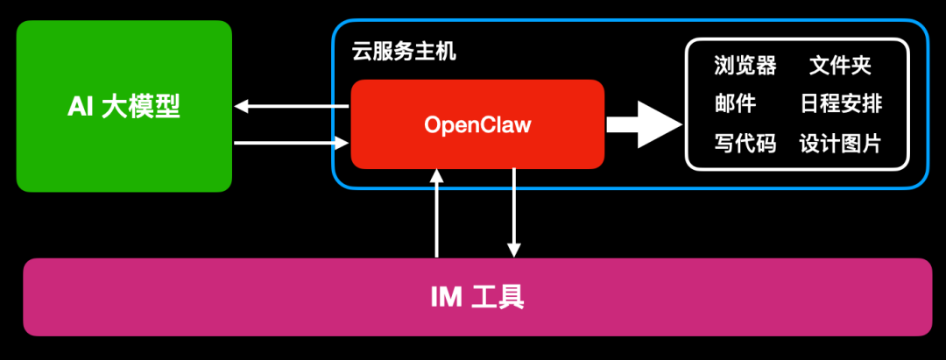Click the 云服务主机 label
click(404, 52)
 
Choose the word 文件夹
click(840, 66)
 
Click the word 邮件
click(735, 104)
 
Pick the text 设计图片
click(840, 144)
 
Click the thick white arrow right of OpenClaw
click(644, 124)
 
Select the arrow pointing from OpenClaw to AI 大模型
click(293, 107)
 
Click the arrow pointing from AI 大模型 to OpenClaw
click(293, 142)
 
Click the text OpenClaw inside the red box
click(477, 125)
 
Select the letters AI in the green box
click(81, 107)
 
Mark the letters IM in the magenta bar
click(446, 298)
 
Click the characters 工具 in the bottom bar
click(498, 298)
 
